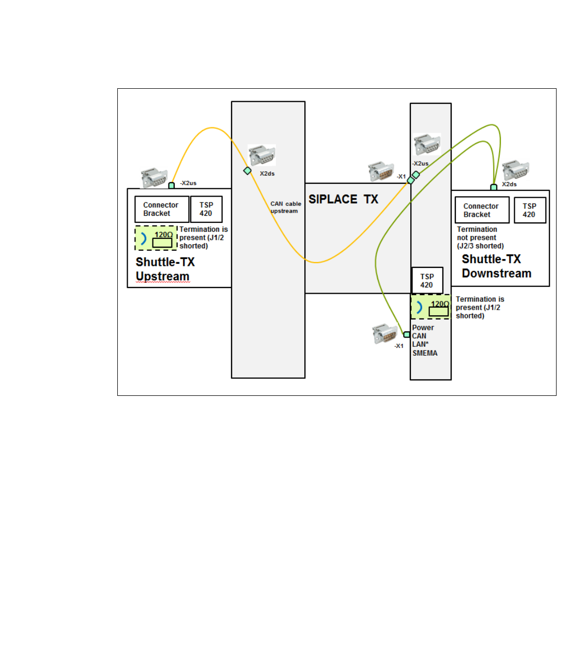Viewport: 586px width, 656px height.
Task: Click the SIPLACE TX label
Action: coord(343,199)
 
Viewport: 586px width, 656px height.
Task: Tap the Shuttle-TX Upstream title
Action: coord(165,269)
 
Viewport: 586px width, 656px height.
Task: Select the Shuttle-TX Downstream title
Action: coord(496,266)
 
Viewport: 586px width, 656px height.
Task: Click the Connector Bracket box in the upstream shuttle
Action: coord(161,209)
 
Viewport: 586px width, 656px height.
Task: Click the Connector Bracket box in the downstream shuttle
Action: coord(482,210)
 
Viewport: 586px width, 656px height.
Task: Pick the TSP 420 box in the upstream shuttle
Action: coord(206,209)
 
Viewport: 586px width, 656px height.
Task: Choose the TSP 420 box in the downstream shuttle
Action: coord(529,210)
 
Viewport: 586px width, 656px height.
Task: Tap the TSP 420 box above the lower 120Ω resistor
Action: coord(427,281)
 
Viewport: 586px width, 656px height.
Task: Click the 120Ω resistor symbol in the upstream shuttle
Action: coord(162,243)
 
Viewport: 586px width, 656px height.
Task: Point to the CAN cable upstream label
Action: coord(285,207)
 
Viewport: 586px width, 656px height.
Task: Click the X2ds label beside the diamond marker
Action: coord(267,174)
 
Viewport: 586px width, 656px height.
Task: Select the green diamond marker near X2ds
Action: coord(248,171)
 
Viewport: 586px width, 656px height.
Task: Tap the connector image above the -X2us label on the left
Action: coord(154,177)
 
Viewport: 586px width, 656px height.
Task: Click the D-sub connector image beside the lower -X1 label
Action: coord(384,333)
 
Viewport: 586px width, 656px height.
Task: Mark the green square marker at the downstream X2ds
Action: coord(494,187)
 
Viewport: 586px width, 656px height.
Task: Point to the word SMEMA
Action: coord(425,354)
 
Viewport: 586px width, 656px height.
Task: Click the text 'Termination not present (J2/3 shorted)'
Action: coord(480,237)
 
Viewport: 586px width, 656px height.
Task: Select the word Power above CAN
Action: coord(423,328)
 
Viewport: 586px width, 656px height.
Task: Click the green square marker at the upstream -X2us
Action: coord(172,185)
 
